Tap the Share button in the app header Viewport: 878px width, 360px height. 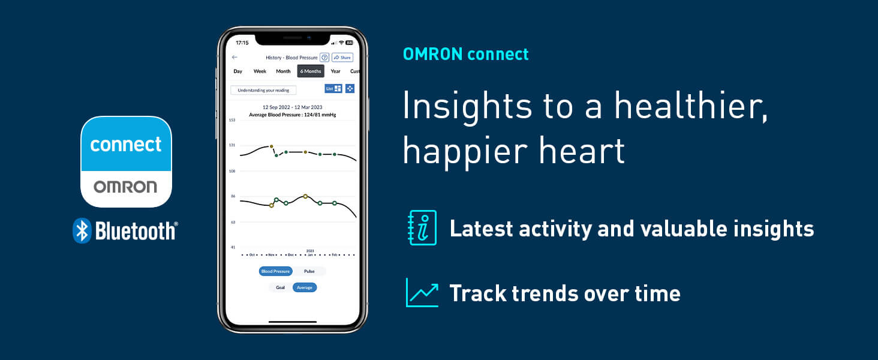[x=342, y=58]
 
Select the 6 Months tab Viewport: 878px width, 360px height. [x=311, y=71]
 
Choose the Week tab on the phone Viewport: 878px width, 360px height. [x=260, y=71]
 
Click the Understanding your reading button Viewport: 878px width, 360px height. [x=263, y=90]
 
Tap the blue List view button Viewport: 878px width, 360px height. [x=333, y=88]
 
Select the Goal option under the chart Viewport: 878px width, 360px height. [x=280, y=287]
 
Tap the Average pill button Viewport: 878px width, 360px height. [x=305, y=287]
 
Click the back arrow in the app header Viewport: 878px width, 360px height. [x=234, y=58]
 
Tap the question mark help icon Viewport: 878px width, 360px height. [x=324, y=58]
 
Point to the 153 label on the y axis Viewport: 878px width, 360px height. [x=231, y=120]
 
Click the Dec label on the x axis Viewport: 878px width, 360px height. [x=290, y=254]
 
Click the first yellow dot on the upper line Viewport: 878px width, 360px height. [x=271, y=146]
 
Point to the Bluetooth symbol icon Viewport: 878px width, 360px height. [x=82, y=230]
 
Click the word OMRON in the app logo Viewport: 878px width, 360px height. [x=125, y=187]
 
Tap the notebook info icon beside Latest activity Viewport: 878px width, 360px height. [x=422, y=228]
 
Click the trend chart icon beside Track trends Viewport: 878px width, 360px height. [x=422, y=293]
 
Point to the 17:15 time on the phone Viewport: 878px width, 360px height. [x=242, y=43]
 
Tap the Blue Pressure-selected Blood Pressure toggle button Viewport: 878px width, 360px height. [x=275, y=271]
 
